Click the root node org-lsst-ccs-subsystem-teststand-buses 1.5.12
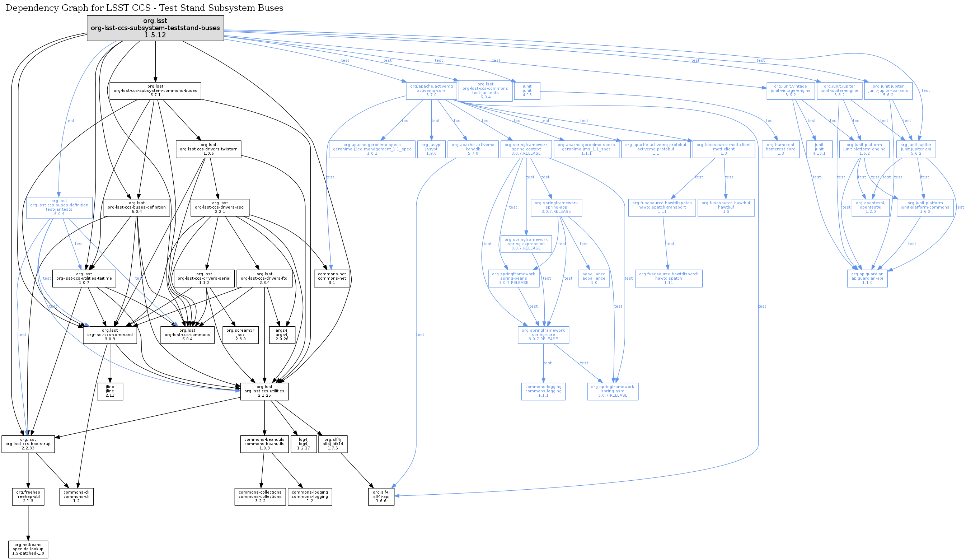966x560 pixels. click(155, 28)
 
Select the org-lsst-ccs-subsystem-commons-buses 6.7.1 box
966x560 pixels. click(155, 91)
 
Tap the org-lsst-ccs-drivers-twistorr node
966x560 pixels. click(208, 149)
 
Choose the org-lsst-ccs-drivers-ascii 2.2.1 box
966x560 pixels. click(220, 207)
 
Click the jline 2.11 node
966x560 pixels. click(110, 391)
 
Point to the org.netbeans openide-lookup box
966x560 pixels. click(28, 549)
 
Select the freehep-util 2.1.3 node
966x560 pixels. click(28, 497)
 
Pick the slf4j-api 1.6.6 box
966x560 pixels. click(381, 497)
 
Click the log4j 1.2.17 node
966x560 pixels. click(304, 444)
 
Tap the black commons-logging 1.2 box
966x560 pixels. click(310, 497)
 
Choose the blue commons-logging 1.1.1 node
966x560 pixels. click(543, 391)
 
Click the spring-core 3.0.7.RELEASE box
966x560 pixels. click(543, 335)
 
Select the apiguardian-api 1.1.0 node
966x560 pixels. click(867, 279)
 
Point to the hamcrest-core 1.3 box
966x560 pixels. click(780, 149)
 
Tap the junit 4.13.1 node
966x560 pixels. click(819, 149)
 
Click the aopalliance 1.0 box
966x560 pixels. click(594, 279)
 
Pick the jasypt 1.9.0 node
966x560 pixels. click(431, 149)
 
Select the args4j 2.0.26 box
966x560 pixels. click(282, 335)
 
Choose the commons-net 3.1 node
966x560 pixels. click(332, 279)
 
